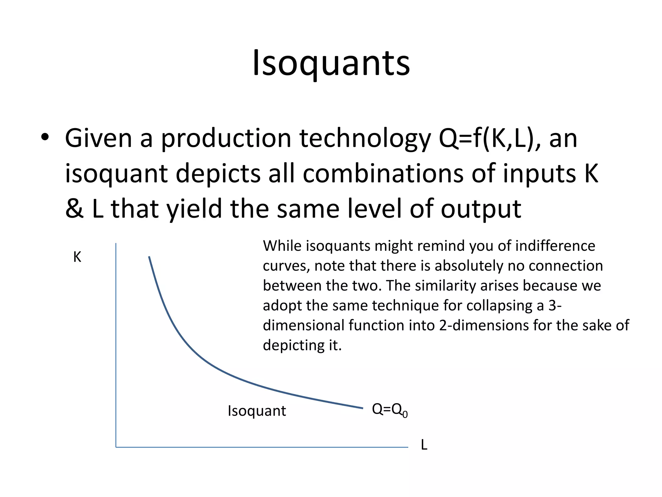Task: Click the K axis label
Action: pos(77,257)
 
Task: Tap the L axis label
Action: pos(424,445)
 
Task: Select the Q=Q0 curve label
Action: pos(390,410)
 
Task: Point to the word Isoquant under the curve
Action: pos(257,411)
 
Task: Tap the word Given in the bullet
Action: pos(98,138)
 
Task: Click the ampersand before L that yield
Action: pos(74,208)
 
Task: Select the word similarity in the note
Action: pos(445,286)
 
